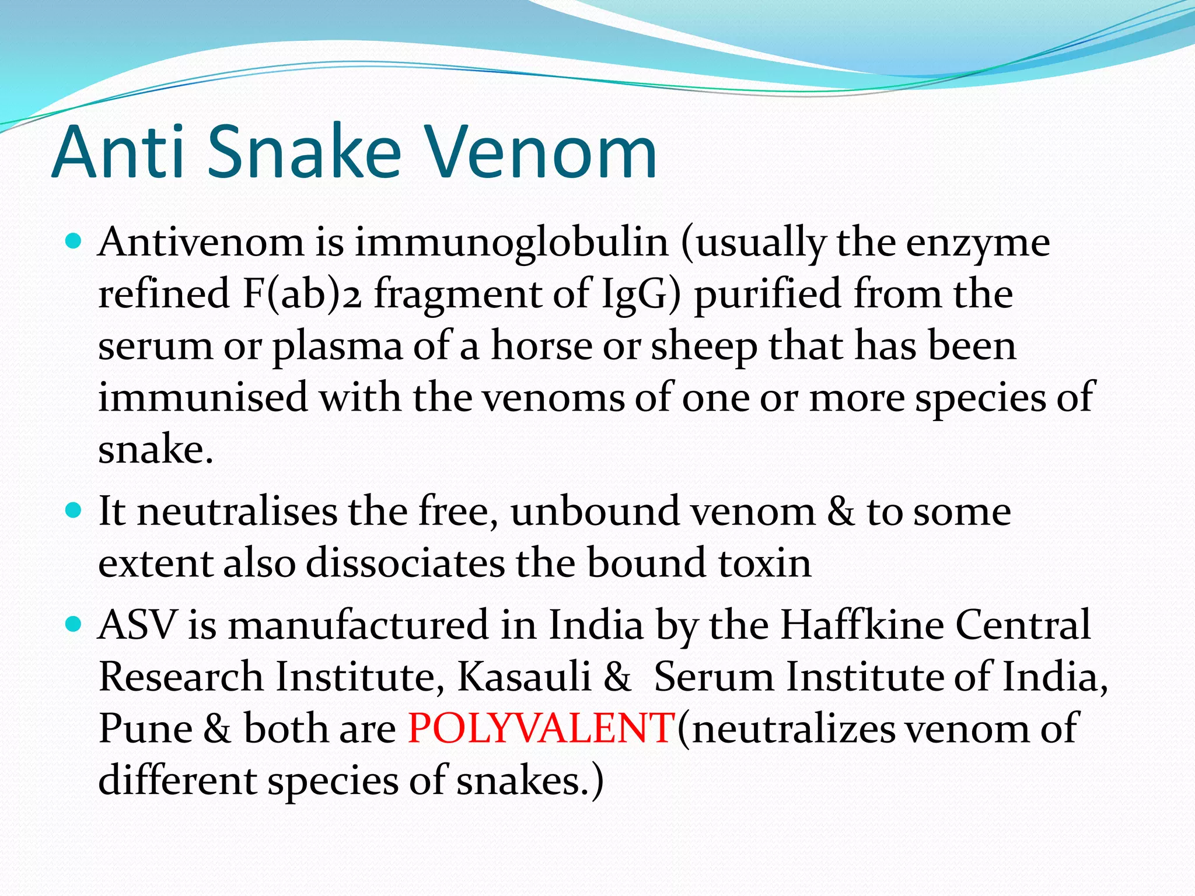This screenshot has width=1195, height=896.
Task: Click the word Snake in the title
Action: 303,153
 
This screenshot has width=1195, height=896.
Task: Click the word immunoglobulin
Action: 511,242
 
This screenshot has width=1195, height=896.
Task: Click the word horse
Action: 541,345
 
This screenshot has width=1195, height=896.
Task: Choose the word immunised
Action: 202,397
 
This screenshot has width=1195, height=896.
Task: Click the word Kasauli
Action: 523,677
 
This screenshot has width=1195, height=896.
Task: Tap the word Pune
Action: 145,729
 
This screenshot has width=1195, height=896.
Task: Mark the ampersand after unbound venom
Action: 840,512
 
